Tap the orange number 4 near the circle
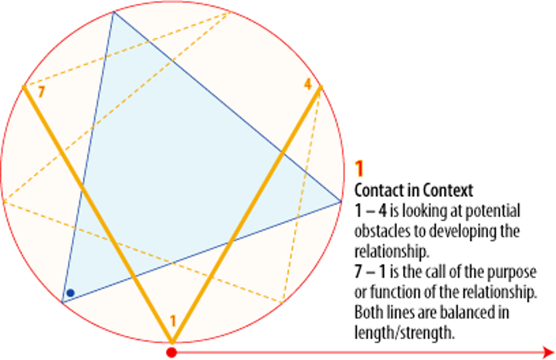(307, 85)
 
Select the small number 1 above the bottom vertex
(173, 321)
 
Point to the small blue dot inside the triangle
(70, 293)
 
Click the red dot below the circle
(171, 353)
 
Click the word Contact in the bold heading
(378, 189)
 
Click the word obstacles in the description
(383, 231)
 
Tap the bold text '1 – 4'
(369, 210)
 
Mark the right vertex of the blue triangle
(341, 202)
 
